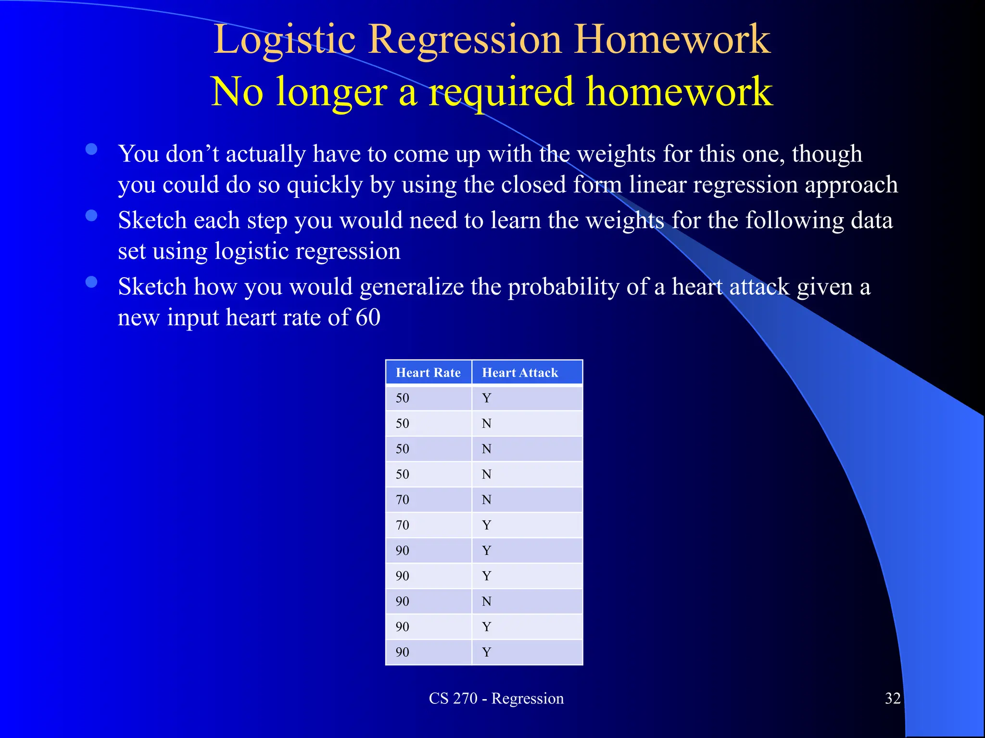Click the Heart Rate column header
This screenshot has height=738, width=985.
[x=428, y=372]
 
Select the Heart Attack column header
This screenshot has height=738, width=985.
[x=520, y=372]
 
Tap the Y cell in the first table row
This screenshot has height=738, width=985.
[x=486, y=398]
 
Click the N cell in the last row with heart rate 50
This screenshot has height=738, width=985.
[x=486, y=474]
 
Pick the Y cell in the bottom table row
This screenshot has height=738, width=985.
[x=486, y=652]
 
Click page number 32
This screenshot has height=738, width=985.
[x=893, y=698]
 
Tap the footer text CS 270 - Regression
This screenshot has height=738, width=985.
[x=496, y=698]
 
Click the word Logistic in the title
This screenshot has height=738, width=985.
[x=284, y=39]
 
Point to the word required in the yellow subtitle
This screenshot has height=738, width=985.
[x=501, y=92]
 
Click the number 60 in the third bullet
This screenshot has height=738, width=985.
[x=368, y=317]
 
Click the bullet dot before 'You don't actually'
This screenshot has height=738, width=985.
[x=91, y=149]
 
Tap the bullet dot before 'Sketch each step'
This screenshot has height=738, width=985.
[x=91, y=215]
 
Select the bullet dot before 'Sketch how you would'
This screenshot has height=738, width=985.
[x=91, y=282]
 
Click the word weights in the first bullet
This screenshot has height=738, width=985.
[x=616, y=154]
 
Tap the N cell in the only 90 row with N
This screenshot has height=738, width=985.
[x=486, y=601]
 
